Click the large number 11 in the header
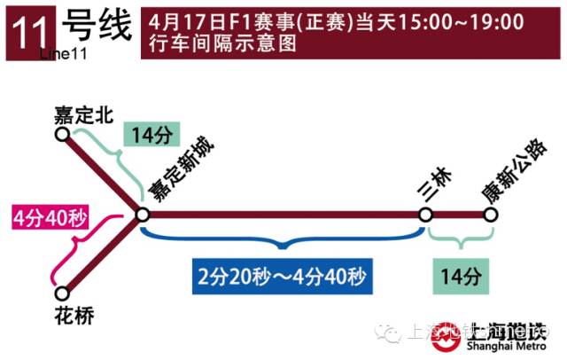(25, 32)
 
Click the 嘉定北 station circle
(62, 134)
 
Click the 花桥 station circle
(62, 293)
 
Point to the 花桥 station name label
(74, 316)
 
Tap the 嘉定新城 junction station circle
(142, 214)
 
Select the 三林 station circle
(426, 215)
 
